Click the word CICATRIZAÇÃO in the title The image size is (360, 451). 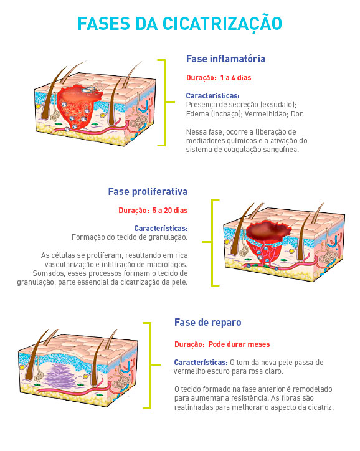coord(222,24)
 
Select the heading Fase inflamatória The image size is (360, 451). coord(225,59)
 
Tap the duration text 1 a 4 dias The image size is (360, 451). coord(236,78)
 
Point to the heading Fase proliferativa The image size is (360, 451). coord(148,192)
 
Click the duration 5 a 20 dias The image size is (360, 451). coord(170,211)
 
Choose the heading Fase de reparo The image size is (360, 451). coord(208,323)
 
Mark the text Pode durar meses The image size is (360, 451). coord(239,344)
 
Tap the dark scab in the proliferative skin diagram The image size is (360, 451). coord(270,230)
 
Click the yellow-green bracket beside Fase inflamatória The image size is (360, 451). coord(164,102)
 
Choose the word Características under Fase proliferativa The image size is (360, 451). coord(161,229)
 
